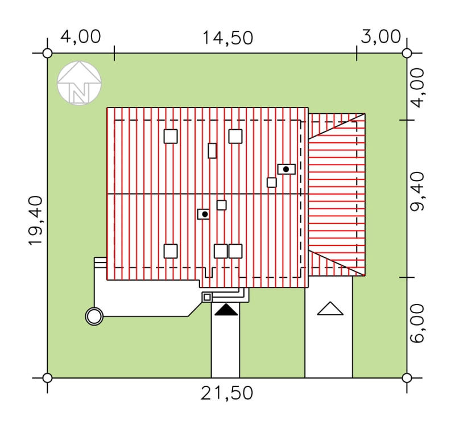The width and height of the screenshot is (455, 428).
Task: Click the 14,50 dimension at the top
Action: pyautogui.click(x=227, y=38)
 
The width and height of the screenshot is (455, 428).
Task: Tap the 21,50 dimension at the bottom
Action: pyautogui.click(x=227, y=393)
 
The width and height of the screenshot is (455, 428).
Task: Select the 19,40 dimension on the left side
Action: pyautogui.click(x=36, y=221)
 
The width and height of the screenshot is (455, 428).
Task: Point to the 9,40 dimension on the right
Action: pyautogui.click(x=418, y=191)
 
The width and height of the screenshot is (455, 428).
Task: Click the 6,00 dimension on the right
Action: pyautogui.click(x=418, y=324)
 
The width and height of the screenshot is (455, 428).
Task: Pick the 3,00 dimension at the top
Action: pyautogui.click(x=380, y=37)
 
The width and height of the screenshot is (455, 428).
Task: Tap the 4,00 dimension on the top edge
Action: pyautogui.click(x=81, y=37)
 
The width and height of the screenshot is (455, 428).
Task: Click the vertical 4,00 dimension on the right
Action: pyautogui.click(x=418, y=88)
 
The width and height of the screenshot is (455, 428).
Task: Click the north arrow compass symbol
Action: pyautogui.click(x=79, y=83)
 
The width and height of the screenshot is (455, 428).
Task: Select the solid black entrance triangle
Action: pyautogui.click(x=226, y=310)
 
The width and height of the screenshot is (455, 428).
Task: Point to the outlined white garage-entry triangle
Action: pyautogui.click(x=330, y=308)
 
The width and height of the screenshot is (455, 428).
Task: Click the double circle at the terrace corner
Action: pyautogui.click(x=94, y=316)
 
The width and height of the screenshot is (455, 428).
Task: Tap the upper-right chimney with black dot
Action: pyautogui.click(x=287, y=169)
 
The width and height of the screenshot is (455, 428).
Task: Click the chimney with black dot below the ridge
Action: pyautogui.click(x=204, y=215)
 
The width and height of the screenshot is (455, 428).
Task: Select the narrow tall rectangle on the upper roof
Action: pyautogui.click(x=212, y=151)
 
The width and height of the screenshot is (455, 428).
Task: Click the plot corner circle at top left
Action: pyautogui.click(x=47, y=53)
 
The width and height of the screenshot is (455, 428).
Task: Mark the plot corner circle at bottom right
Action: pyautogui.click(x=407, y=378)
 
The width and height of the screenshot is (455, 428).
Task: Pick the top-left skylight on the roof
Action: pyautogui.click(x=171, y=136)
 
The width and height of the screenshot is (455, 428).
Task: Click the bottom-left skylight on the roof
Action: pyautogui.click(x=171, y=251)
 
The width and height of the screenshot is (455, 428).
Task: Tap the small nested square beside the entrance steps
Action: pyautogui.click(x=207, y=297)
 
